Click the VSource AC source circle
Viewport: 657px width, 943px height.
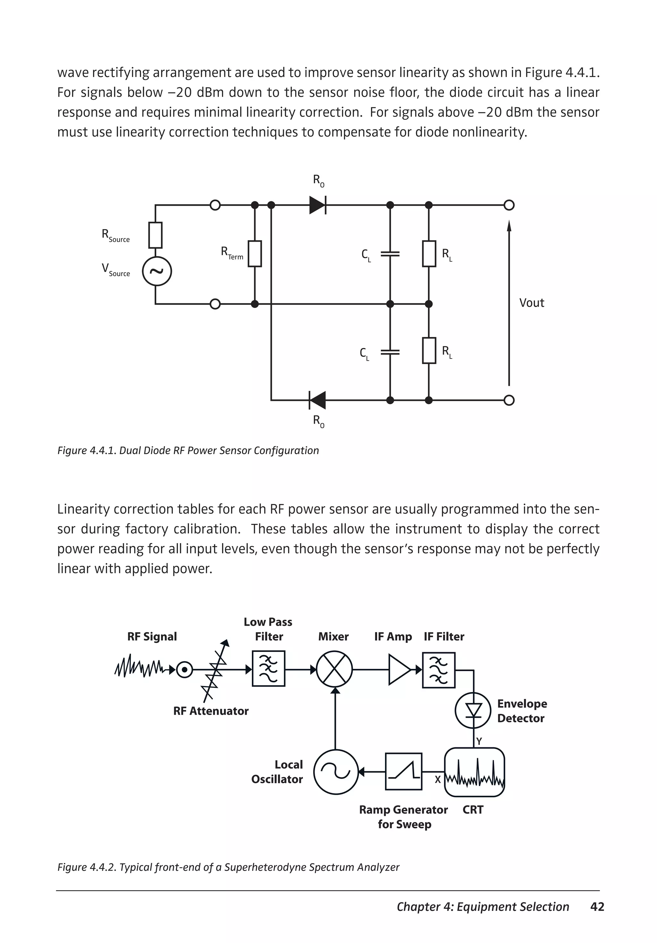[157, 272]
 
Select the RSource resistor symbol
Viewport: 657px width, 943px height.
[155, 235]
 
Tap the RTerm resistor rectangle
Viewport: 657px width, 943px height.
[255, 254]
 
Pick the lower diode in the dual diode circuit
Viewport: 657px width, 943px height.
[317, 400]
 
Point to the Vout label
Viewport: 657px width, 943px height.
[531, 303]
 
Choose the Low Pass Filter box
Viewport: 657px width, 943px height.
[269, 669]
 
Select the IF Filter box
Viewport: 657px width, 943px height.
[439, 670]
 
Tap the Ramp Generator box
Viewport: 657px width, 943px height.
[403, 771]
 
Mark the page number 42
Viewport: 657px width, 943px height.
[597, 906]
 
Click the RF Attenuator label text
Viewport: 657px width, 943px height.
[211, 711]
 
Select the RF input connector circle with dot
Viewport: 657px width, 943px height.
[184, 670]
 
